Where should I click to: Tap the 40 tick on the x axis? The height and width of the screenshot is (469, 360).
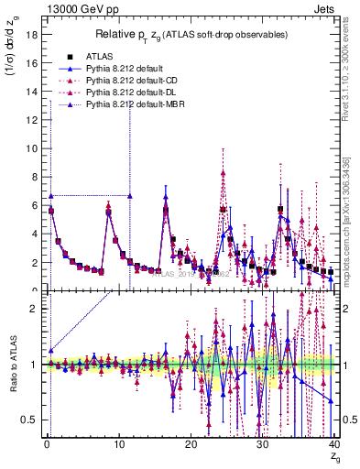point(333,444)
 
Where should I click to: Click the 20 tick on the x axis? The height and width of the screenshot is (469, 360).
point(191,444)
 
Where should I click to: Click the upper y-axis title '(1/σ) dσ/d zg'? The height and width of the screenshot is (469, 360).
point(12,60)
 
